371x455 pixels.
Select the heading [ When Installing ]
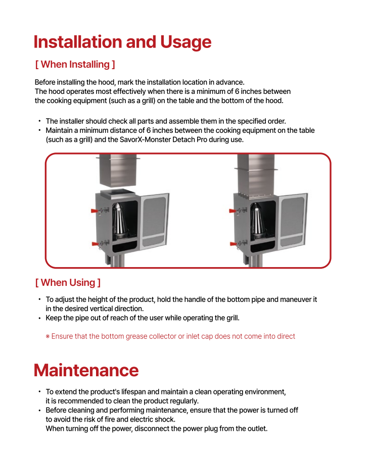[75, 64]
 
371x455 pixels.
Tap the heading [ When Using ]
[68, 282]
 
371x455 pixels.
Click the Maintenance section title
[86, 370]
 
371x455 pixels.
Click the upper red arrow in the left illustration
[95, 210]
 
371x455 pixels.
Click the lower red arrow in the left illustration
[96, 244]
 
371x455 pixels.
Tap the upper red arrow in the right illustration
[233, 210]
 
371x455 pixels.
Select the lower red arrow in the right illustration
[234, 243]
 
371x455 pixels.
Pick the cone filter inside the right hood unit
[258, 222]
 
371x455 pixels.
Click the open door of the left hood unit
[154, 221]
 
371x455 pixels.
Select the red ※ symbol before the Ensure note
[48, 336]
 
